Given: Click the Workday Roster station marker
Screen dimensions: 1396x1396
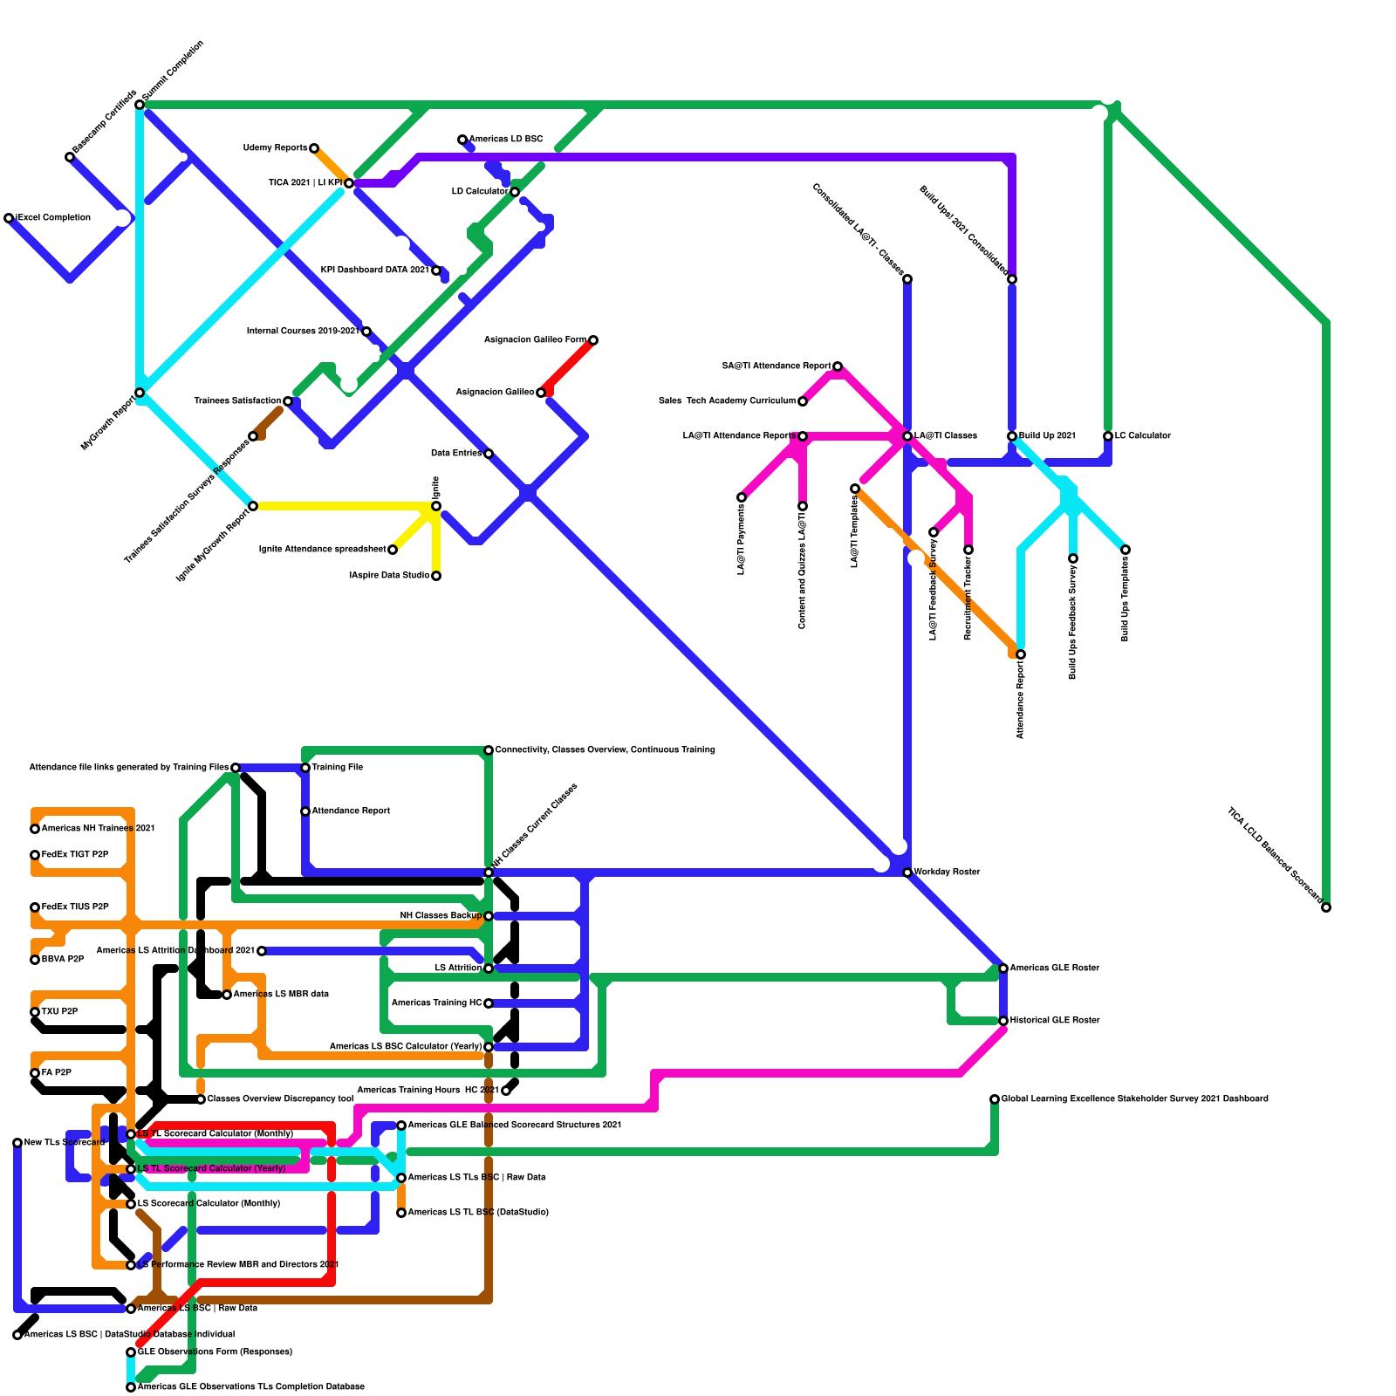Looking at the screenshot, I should tap(907, 872).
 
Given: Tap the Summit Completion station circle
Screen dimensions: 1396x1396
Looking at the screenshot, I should tap(140, 105).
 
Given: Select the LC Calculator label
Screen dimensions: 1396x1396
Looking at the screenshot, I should tap(1143, 435).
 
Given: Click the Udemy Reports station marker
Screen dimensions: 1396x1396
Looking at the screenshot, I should tap(314, 148).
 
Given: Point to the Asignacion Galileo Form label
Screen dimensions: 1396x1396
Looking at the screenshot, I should tap(535, 339).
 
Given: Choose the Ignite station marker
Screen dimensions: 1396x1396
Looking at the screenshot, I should tap(436, 506).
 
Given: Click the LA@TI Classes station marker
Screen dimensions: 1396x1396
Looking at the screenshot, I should tap(907, 436).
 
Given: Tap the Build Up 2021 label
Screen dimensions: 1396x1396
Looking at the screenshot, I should tap(1047, 435).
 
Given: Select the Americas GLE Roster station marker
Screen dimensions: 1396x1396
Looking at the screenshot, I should tap(1003, 968).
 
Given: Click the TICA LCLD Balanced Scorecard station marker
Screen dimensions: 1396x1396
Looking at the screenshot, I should tap(1326, 908).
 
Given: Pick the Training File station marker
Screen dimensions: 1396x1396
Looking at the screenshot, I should tap(305, 768).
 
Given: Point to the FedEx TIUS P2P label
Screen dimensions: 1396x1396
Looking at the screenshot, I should tap(75, 907).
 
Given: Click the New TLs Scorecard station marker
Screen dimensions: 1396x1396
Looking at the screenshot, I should tap(17, 1143).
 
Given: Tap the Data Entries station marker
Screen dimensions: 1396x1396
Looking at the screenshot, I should tap(489, 454).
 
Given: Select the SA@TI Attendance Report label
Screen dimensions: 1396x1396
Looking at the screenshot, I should tap(777, 366).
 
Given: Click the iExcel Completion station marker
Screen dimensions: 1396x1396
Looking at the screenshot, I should tap(9, 218).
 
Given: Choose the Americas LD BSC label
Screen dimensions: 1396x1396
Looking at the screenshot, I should tap(506, 139).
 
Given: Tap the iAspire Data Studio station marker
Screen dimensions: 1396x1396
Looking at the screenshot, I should tap(436, 576).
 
